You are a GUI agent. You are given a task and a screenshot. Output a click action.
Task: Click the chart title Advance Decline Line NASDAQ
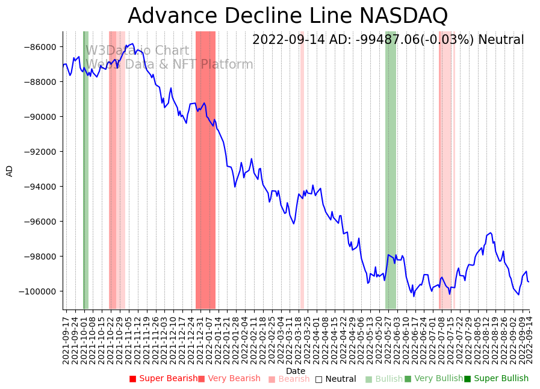point(288,16)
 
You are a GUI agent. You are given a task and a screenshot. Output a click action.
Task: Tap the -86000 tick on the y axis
point(40,47)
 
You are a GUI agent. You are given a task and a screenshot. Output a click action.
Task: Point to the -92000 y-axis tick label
point(40,152)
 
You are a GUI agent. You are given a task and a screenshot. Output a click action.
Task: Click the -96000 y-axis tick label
point(40,222)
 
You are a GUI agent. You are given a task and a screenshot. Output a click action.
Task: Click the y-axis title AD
point(10,170)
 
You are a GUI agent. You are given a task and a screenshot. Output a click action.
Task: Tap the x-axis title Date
point(296,371)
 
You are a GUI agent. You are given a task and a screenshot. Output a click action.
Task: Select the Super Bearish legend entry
point(163,379)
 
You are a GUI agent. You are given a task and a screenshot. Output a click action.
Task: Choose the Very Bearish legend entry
point(229,379)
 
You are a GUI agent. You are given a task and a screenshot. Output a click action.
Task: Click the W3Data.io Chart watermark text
point(137,51)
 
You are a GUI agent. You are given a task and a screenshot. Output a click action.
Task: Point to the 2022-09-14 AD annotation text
point(388,40)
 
